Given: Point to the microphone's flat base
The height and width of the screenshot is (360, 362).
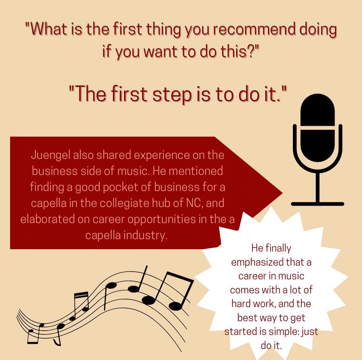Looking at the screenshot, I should [317, 204].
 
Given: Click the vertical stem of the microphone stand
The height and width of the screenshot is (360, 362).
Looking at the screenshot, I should [317, 187].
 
